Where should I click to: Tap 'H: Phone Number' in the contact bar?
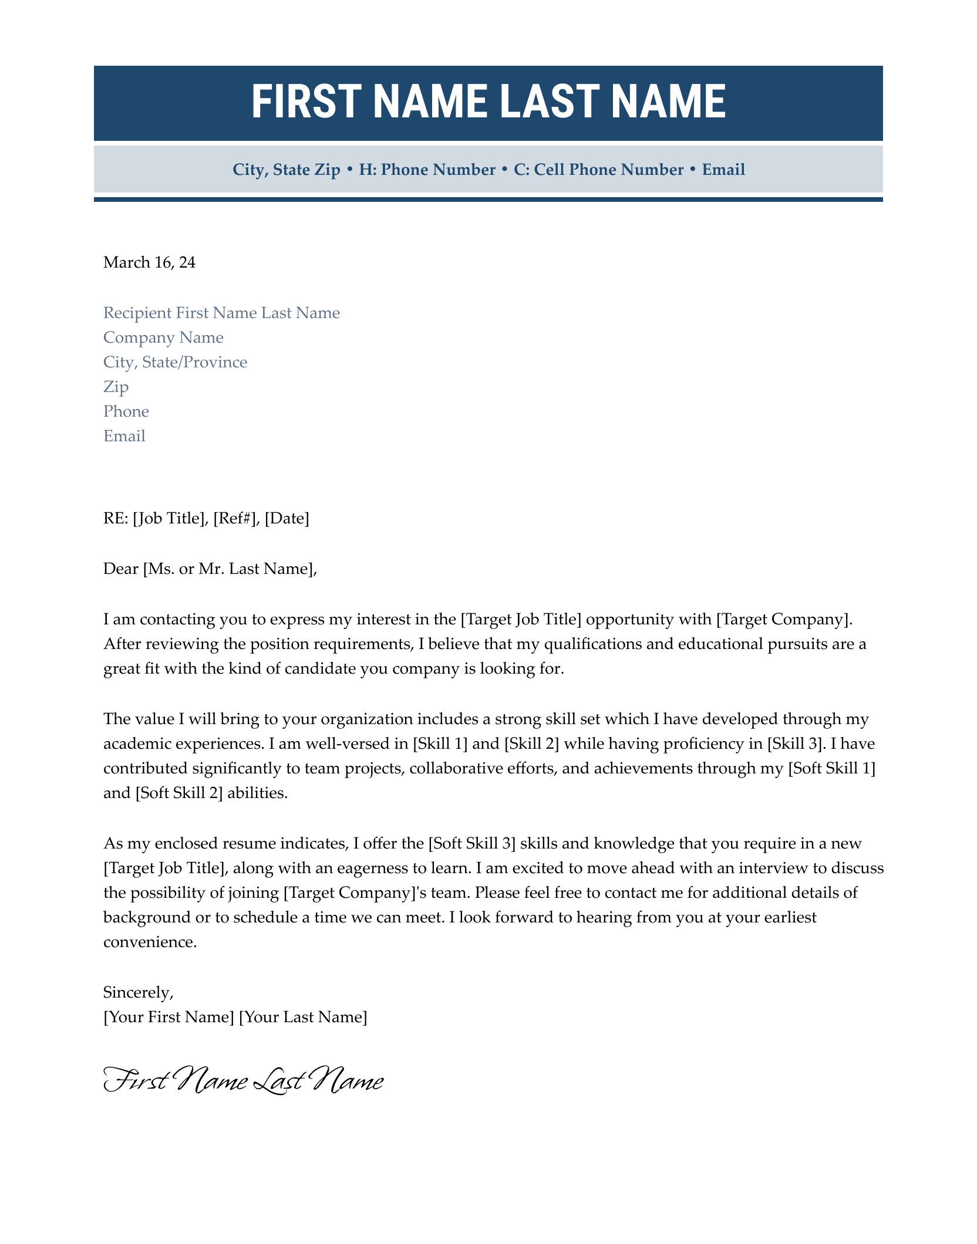coord(427,170)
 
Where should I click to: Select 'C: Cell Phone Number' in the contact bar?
coord(599,170)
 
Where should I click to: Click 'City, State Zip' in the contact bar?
coord(287,170)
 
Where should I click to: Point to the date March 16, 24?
coord(149,262)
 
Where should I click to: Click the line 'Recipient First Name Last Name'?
coord(221,313)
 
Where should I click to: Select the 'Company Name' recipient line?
coord(163,337)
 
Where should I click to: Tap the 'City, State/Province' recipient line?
coord(175,362)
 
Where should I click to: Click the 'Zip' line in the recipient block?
coord(116,387)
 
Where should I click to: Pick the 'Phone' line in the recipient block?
coord(126,411)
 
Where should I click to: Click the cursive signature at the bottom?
coord(243,1081)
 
